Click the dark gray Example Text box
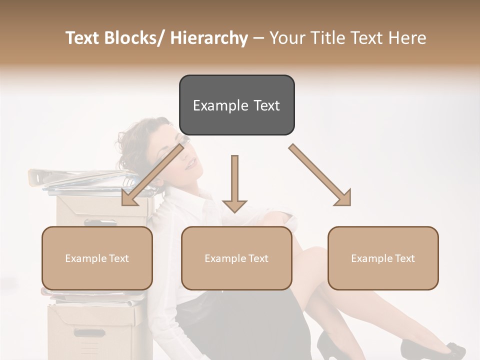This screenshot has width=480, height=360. (x=236, y=105)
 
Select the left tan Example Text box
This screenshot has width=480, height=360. (x=97, y=258)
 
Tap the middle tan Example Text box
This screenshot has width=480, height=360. (x=236, y=258)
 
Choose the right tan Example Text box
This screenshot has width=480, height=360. (x=383, y=258)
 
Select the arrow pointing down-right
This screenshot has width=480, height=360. (x=320, y=175)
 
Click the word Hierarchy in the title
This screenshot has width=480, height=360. (x=209, y=38)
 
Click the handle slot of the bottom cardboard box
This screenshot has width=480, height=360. (x=89, y=332)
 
